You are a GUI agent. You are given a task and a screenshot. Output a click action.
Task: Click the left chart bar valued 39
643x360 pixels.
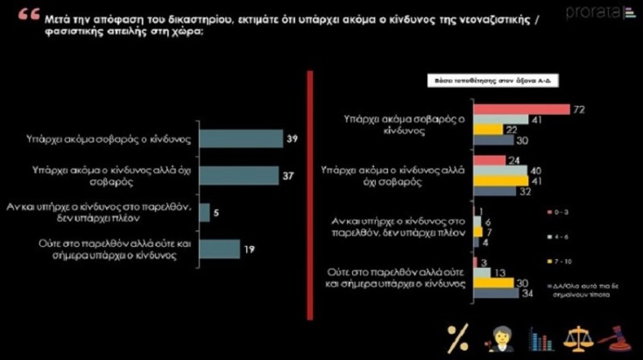point(242,138)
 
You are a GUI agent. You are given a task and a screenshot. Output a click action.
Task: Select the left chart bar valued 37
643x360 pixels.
point(237,175)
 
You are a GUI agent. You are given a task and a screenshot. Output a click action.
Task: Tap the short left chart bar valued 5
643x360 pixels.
point(204,212)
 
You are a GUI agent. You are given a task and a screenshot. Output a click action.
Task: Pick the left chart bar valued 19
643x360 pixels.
point(219,249)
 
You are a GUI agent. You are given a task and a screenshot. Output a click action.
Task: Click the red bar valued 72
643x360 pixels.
point(522,109)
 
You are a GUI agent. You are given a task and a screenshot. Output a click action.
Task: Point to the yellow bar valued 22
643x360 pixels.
point(488,130)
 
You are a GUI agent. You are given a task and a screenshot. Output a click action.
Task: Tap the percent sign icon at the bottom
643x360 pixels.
point(457,337)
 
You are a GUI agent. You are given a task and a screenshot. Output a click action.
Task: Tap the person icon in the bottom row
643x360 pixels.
point(497,337)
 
